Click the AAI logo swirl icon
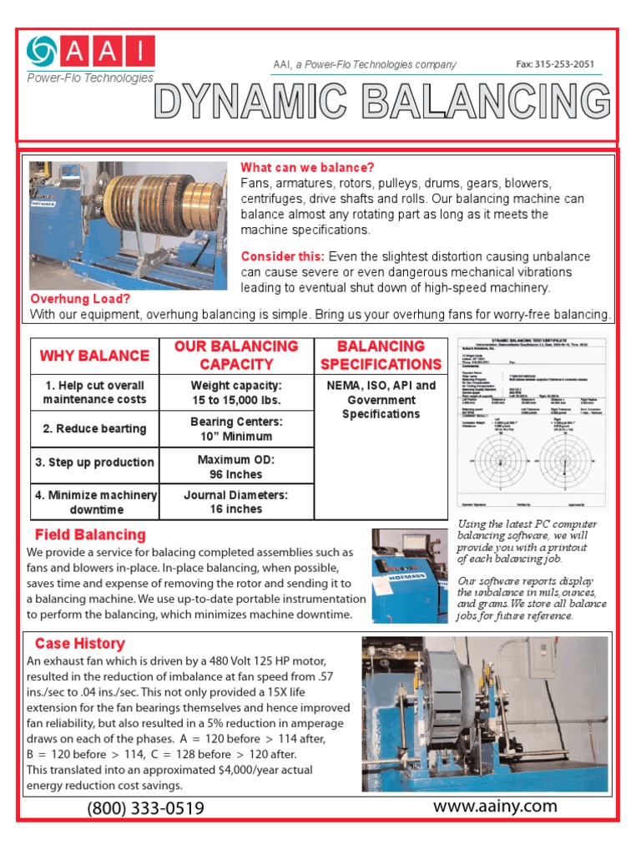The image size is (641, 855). [x=43, y=52]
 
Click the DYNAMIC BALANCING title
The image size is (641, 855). [x=382, y=102]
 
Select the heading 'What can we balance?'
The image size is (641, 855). [x=307, y=168]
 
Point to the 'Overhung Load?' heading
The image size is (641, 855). [x=80, y=299]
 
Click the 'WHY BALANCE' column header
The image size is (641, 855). [x=94, y=356]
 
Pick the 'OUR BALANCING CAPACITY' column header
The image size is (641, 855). [x=236, y=355]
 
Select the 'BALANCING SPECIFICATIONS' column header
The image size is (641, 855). [x=381, y=355]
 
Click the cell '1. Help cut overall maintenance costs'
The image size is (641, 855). [x=94, y=392]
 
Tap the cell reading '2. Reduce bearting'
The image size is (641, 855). [x=94, y=428]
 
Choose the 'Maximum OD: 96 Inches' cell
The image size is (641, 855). [x=236, y=467]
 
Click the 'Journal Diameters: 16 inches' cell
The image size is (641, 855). [x=236, y=502]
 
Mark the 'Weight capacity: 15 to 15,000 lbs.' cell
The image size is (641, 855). [x=236, y=392]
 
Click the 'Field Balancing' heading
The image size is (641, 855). [x=90, y=534]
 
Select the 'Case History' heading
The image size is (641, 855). [x=79, y=644]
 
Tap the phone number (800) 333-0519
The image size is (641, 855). [x=145, y=808]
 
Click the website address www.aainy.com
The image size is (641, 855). [x=495, y=806]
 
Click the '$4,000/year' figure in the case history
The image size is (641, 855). [x=255, y=771]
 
